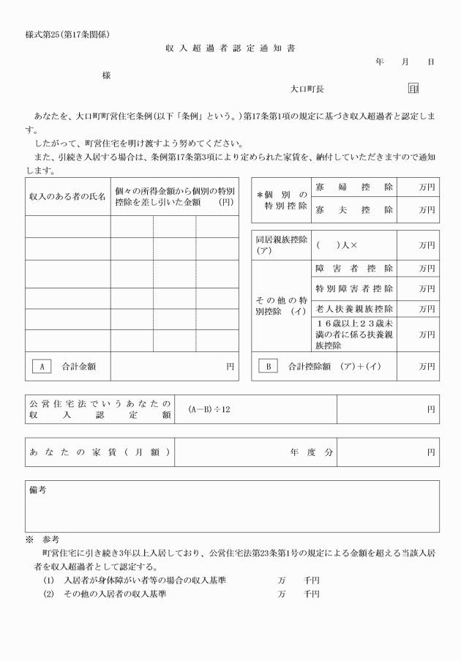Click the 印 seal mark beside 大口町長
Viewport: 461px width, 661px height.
click(413, 89)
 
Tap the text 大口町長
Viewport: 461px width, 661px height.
click(307, 89)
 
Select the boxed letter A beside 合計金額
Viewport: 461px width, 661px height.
click(41, 365)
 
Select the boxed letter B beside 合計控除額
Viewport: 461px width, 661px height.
click(267, 365)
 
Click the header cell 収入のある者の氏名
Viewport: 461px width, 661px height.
click(67, 197)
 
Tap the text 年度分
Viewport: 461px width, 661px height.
click(311, 452)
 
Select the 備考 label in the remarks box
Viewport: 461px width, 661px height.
click(37, 490)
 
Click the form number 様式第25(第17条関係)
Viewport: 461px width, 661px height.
click(67, 34)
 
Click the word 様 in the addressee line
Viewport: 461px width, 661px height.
click(107, 75)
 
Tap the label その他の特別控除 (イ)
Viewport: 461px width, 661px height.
click(281, 305)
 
